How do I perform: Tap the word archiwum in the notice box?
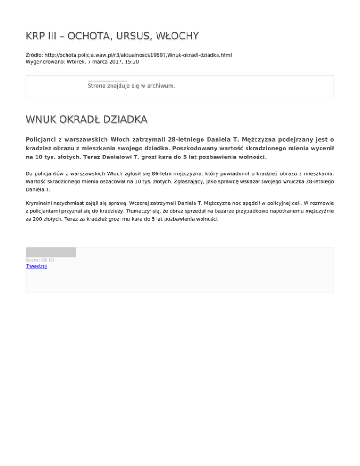pos(161,86)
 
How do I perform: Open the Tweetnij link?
pos(36,266)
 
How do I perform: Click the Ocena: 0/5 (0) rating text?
pos(40,260)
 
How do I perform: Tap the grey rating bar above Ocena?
pos(51,252)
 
